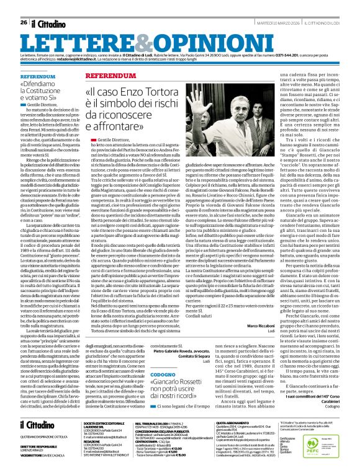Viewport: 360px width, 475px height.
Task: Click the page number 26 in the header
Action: (24, 23)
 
